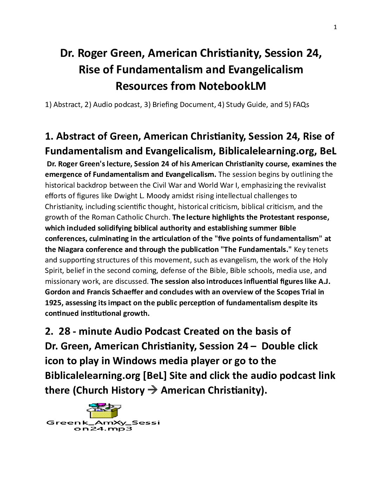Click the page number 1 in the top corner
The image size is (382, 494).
pos(335,27)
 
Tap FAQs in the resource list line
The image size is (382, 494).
pos(301,105)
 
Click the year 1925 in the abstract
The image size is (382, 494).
pos(52,302)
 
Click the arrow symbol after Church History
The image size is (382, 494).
pos(152,390)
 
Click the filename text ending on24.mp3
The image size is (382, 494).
pos(103,429)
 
